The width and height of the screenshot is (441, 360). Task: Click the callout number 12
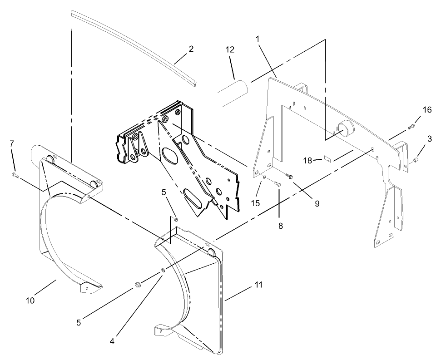[230, 50]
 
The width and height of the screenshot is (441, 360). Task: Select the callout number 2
[191, 49]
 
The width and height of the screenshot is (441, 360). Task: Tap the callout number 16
[427, 110]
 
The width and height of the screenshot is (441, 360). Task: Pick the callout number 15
[256, 203]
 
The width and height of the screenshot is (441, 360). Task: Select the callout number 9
[317, 203]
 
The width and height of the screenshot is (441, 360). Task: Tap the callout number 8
[280, 225]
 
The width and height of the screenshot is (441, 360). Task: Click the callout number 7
[11, 144]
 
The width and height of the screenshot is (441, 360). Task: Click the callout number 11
[258, 285]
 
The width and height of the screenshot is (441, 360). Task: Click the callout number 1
[258, 39]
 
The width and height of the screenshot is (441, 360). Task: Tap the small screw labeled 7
[15, 174]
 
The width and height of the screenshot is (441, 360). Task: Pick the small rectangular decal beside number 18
[328, 158]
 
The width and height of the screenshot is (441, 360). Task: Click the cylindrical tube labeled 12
[233, 93]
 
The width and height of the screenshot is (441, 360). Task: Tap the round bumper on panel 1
[346, 128]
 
